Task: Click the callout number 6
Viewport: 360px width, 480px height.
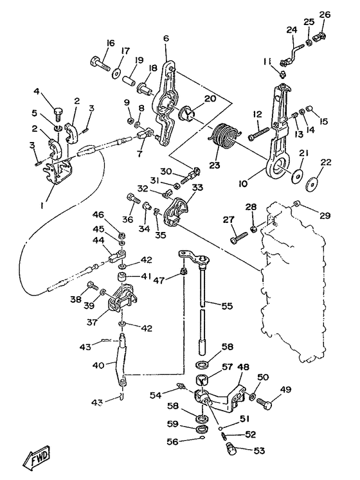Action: coord(166,39)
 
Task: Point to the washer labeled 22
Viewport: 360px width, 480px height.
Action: coord(312,184)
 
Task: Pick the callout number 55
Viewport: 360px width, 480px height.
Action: coord(227,306)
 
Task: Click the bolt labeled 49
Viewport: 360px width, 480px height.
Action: coord(265,404)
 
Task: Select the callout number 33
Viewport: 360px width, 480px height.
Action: coord(197,187)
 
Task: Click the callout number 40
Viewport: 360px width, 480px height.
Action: coord(98,365)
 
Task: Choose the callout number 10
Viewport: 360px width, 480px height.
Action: coord(244,183)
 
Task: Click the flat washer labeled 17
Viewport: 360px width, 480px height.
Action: coord(116,73)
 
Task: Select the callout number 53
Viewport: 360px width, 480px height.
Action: coord(259,450)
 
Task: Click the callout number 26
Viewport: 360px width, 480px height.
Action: coord(325,14)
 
